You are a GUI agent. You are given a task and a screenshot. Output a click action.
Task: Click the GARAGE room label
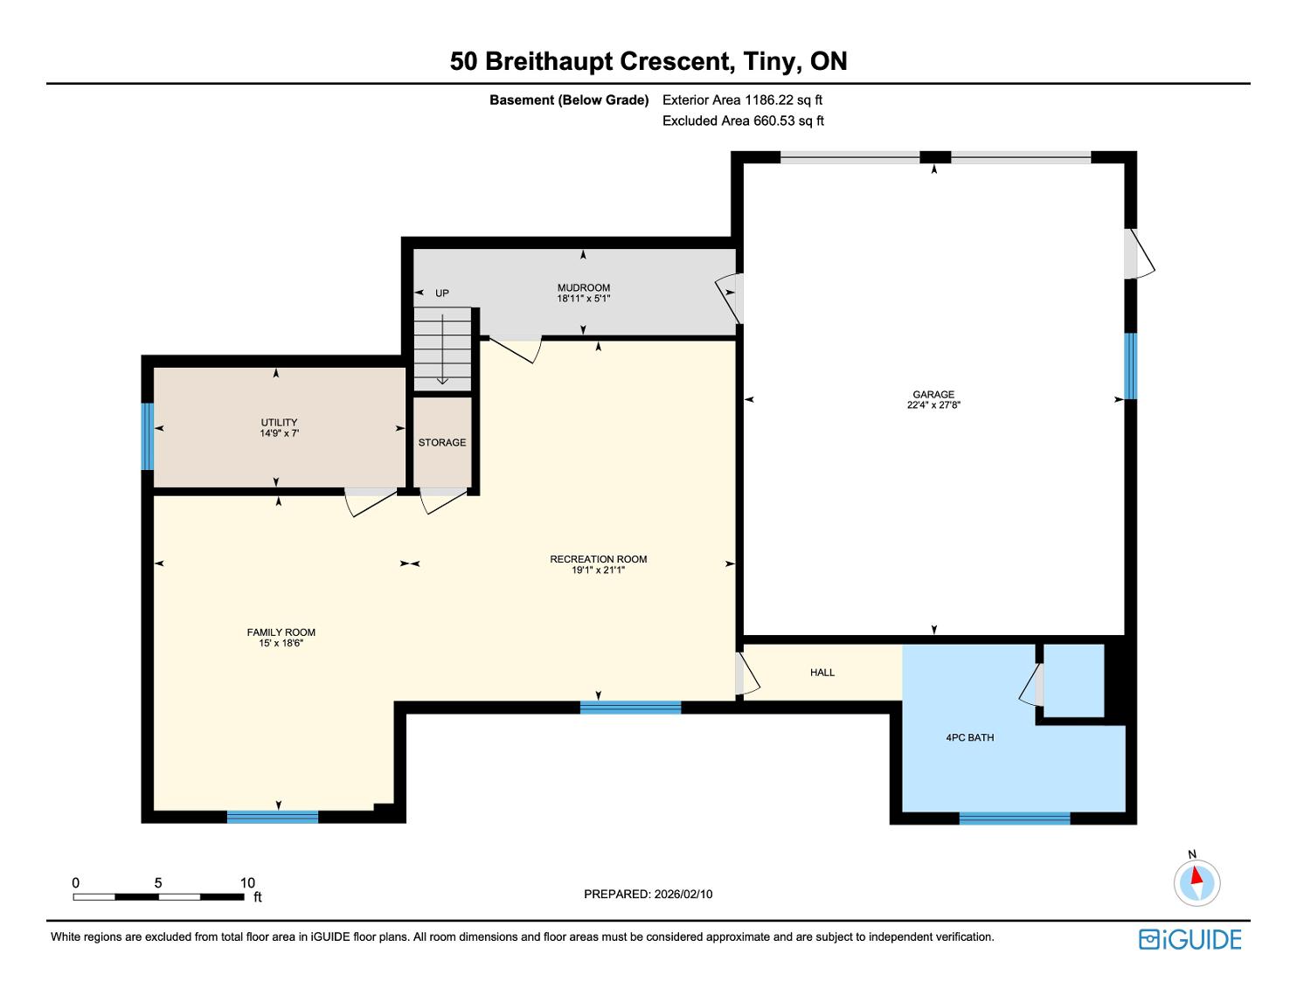(x=933, y=394)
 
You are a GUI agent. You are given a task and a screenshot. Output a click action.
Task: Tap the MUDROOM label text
(x=583, y=287)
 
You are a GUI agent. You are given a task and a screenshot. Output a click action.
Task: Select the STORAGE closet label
(x=441, y=443)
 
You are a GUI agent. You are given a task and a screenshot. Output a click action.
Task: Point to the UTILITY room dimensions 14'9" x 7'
(x=279, y=433)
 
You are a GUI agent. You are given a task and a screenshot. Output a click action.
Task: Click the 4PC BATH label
(x=970, y=738)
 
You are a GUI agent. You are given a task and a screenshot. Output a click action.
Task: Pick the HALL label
(x=822, y=673)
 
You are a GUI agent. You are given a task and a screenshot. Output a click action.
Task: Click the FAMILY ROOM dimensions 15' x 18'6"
(x=281, y=644)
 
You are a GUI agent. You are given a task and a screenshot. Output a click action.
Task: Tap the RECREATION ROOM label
(x=598, y=559)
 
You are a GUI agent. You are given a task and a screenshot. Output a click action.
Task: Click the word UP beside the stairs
(x=441, y=294)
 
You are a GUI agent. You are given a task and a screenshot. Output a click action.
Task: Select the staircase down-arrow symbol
(x=442, y=349)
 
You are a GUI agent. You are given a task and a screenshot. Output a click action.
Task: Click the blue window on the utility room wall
(x=147, y=437)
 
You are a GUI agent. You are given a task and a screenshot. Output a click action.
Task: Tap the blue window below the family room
(x=272, y=817)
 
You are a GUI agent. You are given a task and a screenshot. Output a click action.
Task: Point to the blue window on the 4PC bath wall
(x=1014, y=819)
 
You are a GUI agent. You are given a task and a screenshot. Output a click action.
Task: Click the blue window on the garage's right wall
(x=1130, y=366)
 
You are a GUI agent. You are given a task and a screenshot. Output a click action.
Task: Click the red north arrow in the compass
(x=1196, y=875)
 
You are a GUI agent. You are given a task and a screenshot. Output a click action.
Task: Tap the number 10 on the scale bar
(x=247, y=882)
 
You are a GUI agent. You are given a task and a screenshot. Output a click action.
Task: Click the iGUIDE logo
(x=1189, y=940)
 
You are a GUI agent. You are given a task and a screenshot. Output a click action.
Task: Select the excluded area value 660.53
(x=774, y=121)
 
